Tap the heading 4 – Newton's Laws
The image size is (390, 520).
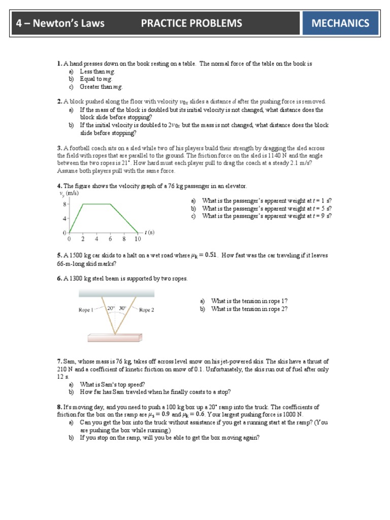pyautogui.click(x=60, y=23)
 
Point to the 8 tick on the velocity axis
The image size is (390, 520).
pyautogui.click(x=64, y=204)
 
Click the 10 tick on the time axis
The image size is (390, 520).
pyautogui.click(x=137, y=239)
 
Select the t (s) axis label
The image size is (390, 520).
pyautogui.click(x=149, y=232)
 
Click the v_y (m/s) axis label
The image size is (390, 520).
pyautogui.click(x=70, y=193)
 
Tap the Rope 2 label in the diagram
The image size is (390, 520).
pyautogui.click(x=146, y=310)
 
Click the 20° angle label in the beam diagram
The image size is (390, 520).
pyautogui.click(x=111, y=308)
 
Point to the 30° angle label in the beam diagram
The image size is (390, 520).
pyautogui.click(x=122, y=308)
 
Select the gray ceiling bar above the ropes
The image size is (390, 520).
pyautogui.click(x=116, y=294)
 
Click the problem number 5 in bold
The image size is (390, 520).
pyautogui.click(x=59, y=256)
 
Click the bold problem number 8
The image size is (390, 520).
pyautogui.click(x=59, y=407)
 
